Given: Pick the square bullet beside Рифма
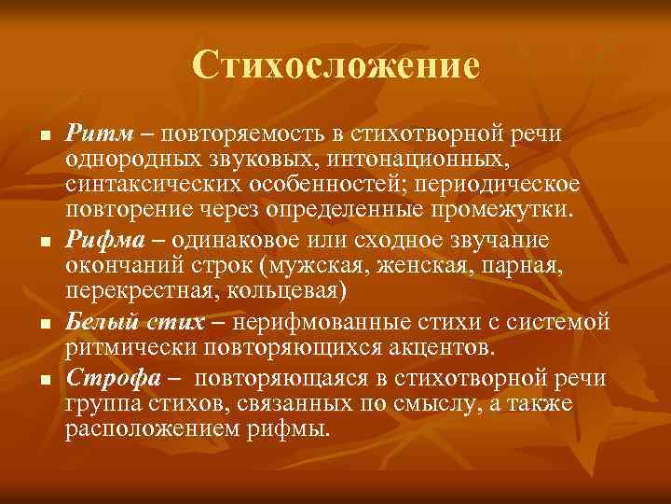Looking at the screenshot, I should click(31, 245).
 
